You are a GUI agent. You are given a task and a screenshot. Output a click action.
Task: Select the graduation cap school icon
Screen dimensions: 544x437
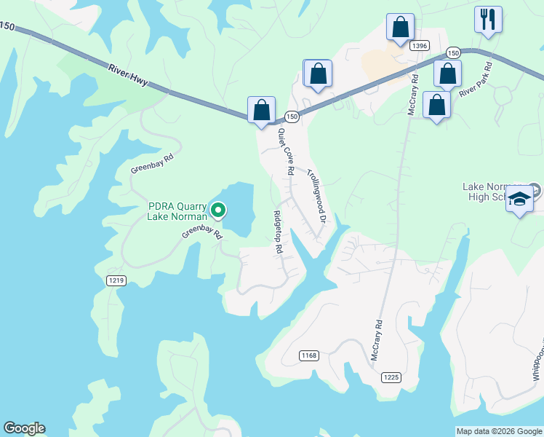pos(520,199)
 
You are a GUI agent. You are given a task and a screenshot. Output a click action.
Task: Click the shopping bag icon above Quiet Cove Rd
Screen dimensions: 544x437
pos(261,111)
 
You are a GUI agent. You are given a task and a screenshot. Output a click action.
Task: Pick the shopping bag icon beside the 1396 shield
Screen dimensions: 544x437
pos(400,28)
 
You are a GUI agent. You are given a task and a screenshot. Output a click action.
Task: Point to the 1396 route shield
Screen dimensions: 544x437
pos(419,46)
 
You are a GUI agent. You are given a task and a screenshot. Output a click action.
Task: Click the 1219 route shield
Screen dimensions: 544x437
pos(116,280)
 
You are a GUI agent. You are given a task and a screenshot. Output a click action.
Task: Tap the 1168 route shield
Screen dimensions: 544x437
pos(309,355)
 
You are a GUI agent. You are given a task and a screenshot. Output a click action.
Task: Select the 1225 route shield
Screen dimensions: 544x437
pos(391,377)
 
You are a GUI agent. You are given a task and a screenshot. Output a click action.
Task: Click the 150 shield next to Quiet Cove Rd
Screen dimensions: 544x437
pos(292,117)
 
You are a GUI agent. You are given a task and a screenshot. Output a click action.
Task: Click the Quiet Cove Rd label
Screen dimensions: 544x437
pos(285,151)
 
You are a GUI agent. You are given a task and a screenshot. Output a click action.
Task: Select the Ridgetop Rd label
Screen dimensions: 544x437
pos(277,232)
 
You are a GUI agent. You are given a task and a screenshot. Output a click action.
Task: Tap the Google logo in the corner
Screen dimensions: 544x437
pos(24,428)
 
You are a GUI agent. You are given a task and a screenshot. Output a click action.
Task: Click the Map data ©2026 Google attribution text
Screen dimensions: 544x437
pos(499,431)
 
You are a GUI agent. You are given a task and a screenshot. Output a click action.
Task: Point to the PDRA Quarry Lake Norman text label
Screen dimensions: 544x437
pos(177,210)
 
